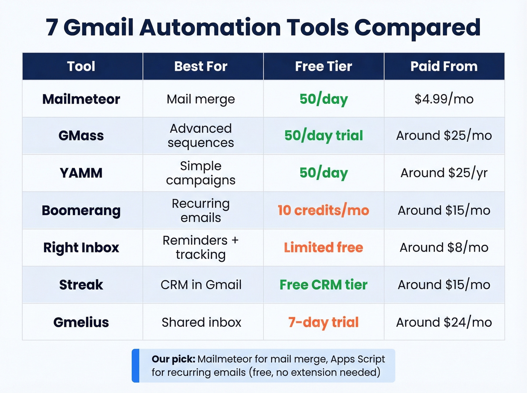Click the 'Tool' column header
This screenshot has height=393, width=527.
[81, 67]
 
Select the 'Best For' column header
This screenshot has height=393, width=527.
[201, 67]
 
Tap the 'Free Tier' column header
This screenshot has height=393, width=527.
[323, 67]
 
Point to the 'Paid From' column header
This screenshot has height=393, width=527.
[444, 67]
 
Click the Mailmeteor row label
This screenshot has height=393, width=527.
[81, 99]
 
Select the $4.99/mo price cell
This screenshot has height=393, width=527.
[444, 99]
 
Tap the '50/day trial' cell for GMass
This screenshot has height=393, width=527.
[323, 135]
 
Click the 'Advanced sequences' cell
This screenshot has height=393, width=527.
[201, 135]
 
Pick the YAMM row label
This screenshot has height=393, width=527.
[81, 173]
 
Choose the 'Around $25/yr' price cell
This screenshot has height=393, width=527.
[444, 173]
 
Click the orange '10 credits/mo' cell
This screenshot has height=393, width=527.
[323, 210]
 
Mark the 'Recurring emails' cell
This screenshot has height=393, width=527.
[201, 210]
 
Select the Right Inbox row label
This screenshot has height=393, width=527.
[81, 247]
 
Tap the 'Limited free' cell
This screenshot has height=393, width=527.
[323, 247]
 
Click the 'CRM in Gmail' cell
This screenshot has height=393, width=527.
[201, 285]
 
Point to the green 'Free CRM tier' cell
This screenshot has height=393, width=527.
[323, 285]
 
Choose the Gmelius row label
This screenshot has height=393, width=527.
[81, 322]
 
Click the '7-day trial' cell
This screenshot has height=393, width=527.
[323, 322]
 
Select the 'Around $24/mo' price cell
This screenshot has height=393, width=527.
[444, 322]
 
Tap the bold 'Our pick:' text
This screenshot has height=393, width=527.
[173, 359]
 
